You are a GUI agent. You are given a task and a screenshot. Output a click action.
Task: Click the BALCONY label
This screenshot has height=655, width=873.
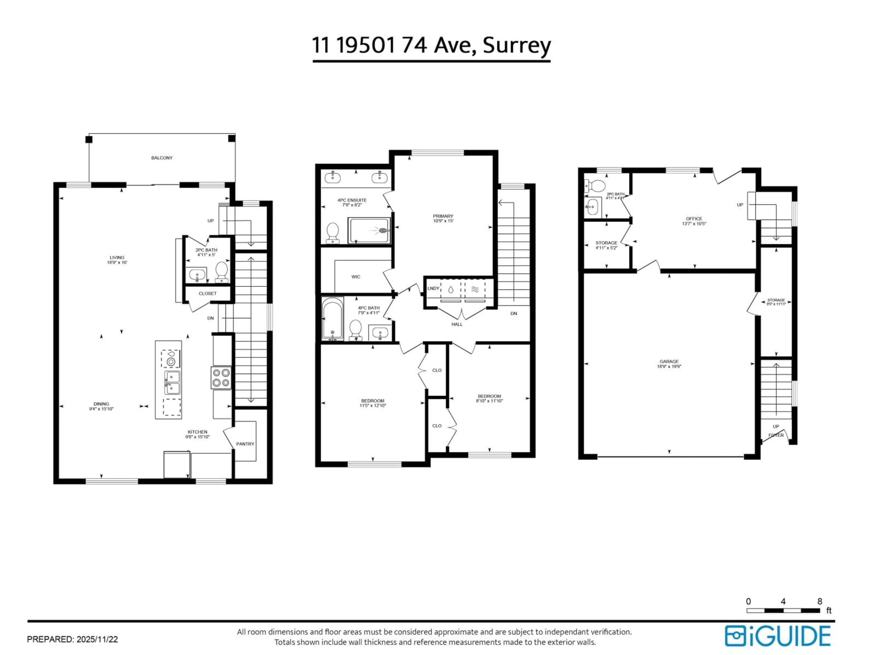click(x=162, y=158)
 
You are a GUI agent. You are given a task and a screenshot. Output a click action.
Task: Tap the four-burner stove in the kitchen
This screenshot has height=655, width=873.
click(x=221, y=378)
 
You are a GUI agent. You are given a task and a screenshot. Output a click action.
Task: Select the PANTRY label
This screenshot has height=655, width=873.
click(x=245, y=444)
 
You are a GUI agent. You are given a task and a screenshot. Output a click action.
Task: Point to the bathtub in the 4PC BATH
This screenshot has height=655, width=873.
click(x=332, y=319)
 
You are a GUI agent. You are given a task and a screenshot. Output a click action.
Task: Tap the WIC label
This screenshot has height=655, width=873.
click(x=356, y=277)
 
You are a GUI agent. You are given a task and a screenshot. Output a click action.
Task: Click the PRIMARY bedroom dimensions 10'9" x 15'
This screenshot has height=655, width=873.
click(x=443, y=221)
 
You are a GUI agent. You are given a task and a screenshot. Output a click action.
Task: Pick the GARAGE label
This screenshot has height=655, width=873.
click(x=669, y=361)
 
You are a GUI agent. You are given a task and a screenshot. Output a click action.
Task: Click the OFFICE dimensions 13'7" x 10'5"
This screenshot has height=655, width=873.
click(x=694, y=224)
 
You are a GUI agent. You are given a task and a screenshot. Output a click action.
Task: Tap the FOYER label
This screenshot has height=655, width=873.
click(x=776, y=435)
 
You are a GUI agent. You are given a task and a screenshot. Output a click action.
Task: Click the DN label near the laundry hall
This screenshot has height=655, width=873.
click(x=514, y=313)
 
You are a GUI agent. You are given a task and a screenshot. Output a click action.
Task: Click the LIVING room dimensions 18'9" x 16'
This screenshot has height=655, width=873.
click(x=117, y=262)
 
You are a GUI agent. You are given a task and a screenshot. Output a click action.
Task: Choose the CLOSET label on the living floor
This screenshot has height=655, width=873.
click(x=208, y=293)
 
